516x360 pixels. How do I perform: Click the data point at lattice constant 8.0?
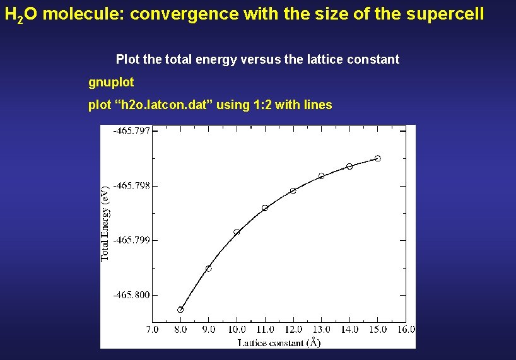coord(180,310)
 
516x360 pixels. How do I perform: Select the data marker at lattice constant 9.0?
coord(209,269)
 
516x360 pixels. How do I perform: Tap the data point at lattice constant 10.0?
coord(237,232)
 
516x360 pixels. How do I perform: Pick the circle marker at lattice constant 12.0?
coord(293,190)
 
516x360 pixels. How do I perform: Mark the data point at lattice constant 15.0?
coord(378,158)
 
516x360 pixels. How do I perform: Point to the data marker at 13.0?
coord(321,176)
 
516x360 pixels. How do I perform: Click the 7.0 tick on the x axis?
coord(152,329)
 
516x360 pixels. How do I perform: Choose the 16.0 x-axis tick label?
coord(406,329)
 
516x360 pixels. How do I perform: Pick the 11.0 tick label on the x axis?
coord(265,329)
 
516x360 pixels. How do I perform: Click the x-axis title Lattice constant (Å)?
coord(279,342)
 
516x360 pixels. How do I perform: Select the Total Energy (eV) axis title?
coord(106,223)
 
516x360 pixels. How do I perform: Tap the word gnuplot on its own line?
coord(111,83)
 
